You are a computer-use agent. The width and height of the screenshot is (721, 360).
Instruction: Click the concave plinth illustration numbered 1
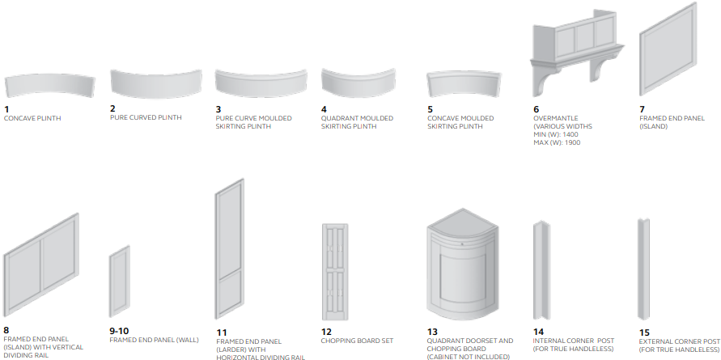point(49,86)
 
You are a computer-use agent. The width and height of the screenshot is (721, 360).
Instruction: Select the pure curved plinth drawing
point(156,84)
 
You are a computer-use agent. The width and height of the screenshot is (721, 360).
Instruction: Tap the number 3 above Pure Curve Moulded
point(218,109)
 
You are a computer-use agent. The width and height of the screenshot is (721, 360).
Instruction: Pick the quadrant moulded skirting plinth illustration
point(358,83)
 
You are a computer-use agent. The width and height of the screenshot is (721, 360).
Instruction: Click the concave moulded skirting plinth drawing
point(464,84)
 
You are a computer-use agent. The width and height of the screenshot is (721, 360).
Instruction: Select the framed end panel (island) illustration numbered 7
point(668,49)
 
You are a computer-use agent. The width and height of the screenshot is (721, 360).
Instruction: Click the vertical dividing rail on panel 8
point(41,263)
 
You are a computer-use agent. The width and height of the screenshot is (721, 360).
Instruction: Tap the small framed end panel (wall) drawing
point(120,282)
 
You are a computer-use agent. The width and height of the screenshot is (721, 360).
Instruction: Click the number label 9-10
point(119,331)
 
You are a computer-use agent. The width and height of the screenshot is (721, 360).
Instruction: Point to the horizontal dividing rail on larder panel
point(230,274)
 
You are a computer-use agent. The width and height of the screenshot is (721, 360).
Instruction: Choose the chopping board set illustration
point(335,272)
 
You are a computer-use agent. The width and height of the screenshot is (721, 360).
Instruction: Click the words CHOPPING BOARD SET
point(358,341)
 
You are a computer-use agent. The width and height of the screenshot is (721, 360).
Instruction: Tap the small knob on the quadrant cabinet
point(462,244)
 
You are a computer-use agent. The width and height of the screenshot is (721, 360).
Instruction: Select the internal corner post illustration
point(541,270)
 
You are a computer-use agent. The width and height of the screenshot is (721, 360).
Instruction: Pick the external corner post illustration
point(644,269)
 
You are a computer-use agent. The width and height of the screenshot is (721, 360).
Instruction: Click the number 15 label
point(644,332)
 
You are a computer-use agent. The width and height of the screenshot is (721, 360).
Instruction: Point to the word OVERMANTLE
point(555,118)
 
